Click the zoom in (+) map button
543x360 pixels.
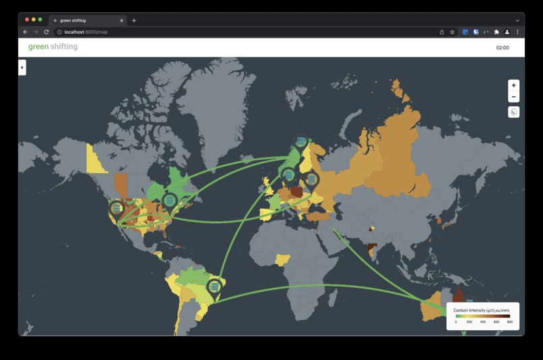pyautogui.click(x=513, y=86)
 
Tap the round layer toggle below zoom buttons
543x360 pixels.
pyautogui.click(x=513, y=112)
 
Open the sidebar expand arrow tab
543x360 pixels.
pyautogui.click(x=22, y=67)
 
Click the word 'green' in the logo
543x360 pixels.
pyautogui.click(x=38, y=47)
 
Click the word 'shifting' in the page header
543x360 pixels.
pyautogui.click(x=64, y=47)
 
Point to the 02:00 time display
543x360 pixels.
pyautogui.click(x=502, y=48)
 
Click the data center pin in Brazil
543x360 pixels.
pyautogui.click(x=214, y=287)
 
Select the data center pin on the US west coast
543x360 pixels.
pyautogui.click(x=117, y=208)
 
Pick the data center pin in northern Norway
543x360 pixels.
pyautogui.click(x=300, y=141)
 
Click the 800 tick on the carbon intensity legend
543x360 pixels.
pyautogui.click(x=510, y=322)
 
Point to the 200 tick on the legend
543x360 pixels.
pyautogui.click(x=470, y=322)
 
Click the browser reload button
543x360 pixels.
pyautogui.click(x=46, y=32)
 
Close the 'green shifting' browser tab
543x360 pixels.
pyautogui.click(x=121, y=20)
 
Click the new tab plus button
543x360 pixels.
pyautogui.click(x=134, y=20)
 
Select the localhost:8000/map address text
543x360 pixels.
pyautogui.click(x=86, y=32)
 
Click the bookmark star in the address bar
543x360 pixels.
pyautogui.click(x=452, y=32)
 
